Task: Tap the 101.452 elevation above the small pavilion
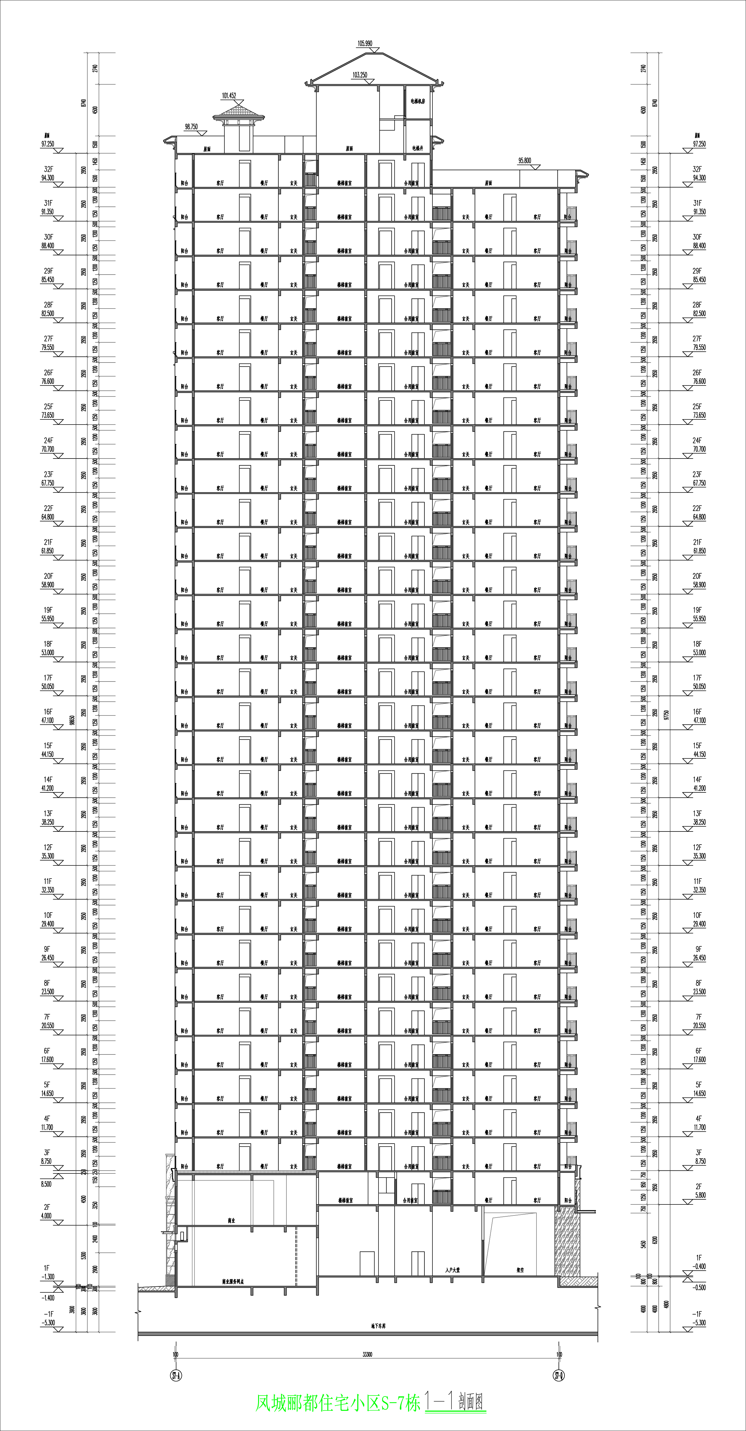229,95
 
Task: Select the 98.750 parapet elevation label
190,127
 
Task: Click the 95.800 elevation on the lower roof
524,161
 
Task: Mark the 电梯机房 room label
418,102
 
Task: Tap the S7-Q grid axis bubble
559,1376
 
